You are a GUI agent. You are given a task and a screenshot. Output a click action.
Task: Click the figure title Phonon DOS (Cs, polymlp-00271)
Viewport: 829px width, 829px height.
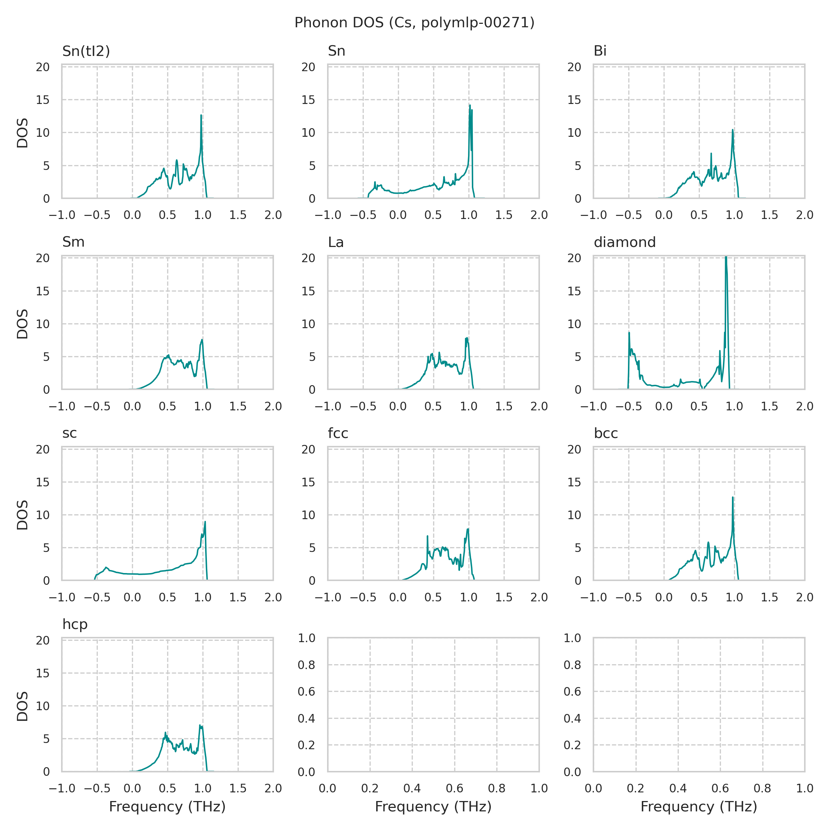click(x=414, y=23)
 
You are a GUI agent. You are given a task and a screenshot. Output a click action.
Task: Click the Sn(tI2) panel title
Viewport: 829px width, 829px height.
click(x=86, y=51)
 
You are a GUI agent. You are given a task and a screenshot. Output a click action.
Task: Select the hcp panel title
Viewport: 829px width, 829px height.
click(x=75, y=624)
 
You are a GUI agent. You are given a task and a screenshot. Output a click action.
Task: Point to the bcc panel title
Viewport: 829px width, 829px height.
click(x=606, y=433)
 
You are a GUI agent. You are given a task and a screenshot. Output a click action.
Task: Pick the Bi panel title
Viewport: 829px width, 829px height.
click(x=600, y=51)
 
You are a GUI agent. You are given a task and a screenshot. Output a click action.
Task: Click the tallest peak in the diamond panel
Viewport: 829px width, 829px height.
click(x=726, y=257)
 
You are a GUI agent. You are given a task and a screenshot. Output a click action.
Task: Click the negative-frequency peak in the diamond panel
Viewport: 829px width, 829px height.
click(x=629, y=333)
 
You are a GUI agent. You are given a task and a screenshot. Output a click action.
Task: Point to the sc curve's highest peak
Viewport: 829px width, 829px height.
click(x=205, y=522)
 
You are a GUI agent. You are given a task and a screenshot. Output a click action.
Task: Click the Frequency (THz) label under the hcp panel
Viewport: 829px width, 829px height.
click(x=167, y=807)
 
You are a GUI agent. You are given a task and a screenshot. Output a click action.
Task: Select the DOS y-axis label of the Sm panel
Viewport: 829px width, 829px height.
click(x=22, y=324)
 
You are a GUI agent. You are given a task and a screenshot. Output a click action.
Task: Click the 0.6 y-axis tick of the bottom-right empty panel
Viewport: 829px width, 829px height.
click(x=572, y=691)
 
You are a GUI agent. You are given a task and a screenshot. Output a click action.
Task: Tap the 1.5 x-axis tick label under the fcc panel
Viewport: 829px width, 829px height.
click(x=504, y=597)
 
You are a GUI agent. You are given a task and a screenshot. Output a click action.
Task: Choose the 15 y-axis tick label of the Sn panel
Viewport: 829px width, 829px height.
click(x=309, y=100)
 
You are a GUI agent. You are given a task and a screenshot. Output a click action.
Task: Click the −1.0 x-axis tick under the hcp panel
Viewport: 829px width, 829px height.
click(x=62, y=788)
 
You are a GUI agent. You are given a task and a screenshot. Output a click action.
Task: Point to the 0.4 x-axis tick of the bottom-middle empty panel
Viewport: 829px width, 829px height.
click(x=412, y=788)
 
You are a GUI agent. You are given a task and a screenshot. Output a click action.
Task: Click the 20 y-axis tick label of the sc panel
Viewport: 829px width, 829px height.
click(x=43, y=449)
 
